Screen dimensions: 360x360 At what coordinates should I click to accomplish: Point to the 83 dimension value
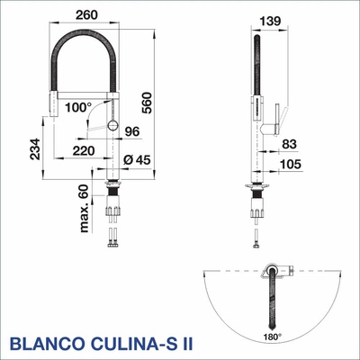[x=289, y=144]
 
